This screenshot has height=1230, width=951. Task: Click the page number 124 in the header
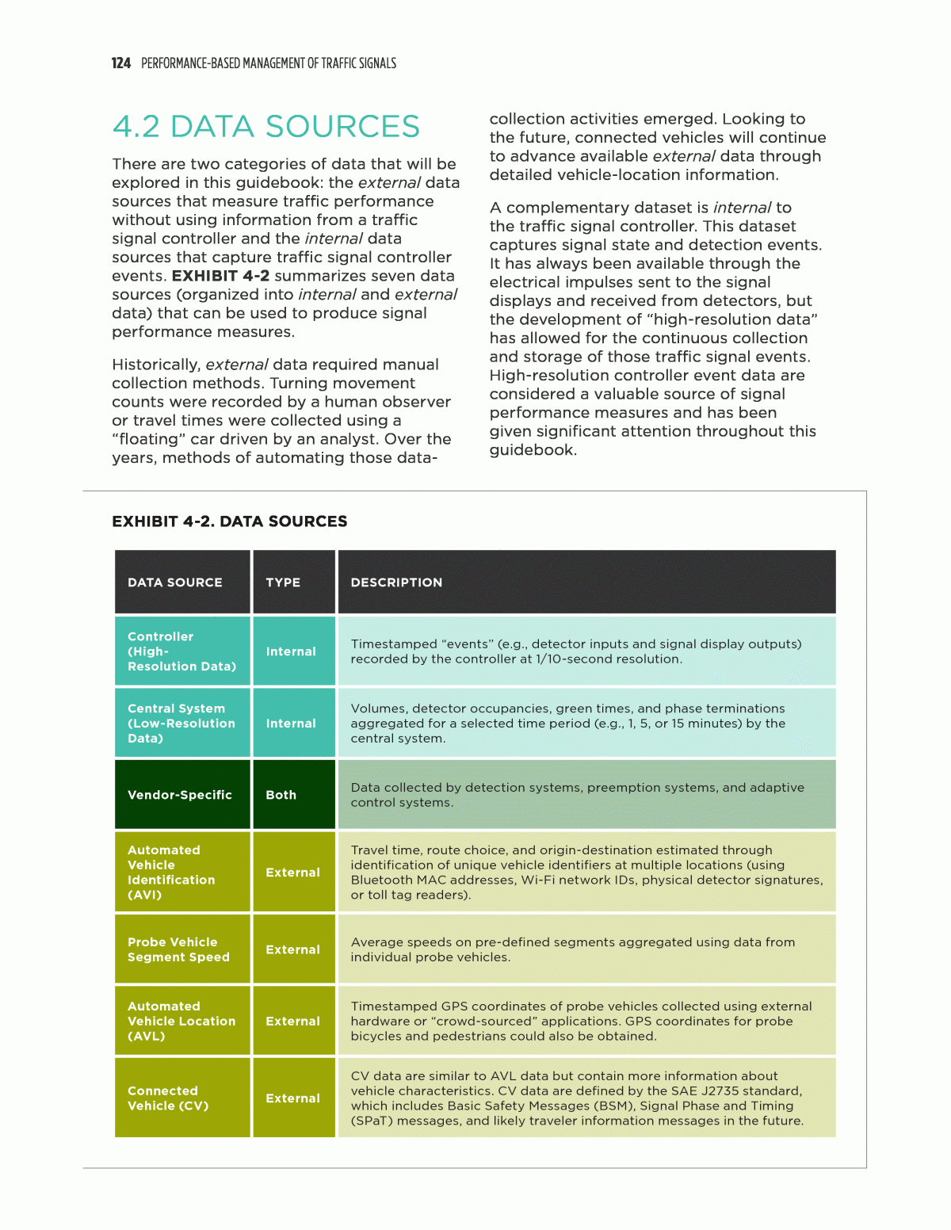click(120, 63)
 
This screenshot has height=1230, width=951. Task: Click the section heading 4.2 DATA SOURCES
click(265, 127)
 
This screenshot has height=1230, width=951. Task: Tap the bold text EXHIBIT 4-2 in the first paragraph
click(220, 276)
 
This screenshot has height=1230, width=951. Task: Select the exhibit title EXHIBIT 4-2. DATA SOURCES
click(230, 521)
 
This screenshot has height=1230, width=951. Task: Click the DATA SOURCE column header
click(175, 583)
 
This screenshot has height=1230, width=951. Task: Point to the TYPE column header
click(283, 583)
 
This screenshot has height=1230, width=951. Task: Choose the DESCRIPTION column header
click(396, 583)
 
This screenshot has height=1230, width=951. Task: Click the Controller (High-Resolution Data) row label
click(181, 651)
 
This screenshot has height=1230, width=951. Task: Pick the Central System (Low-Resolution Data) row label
click(181, 724)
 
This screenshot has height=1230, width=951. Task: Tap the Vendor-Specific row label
click(180, 795)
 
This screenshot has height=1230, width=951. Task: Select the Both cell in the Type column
click(281, 795)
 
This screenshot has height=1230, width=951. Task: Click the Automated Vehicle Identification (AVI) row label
click(171, 872)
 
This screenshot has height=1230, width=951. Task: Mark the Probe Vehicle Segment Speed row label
click(178, 949)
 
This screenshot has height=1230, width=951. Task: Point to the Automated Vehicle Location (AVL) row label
click(181, 1021)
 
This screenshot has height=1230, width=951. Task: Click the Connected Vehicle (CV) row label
click(168, 1098)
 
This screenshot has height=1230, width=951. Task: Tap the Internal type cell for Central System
click(291, 724)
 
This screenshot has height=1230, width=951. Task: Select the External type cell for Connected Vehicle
click(293, 1098)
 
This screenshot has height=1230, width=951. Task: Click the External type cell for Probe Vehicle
click(293, 949)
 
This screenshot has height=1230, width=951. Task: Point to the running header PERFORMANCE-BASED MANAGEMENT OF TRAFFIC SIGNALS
click(269, 63)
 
